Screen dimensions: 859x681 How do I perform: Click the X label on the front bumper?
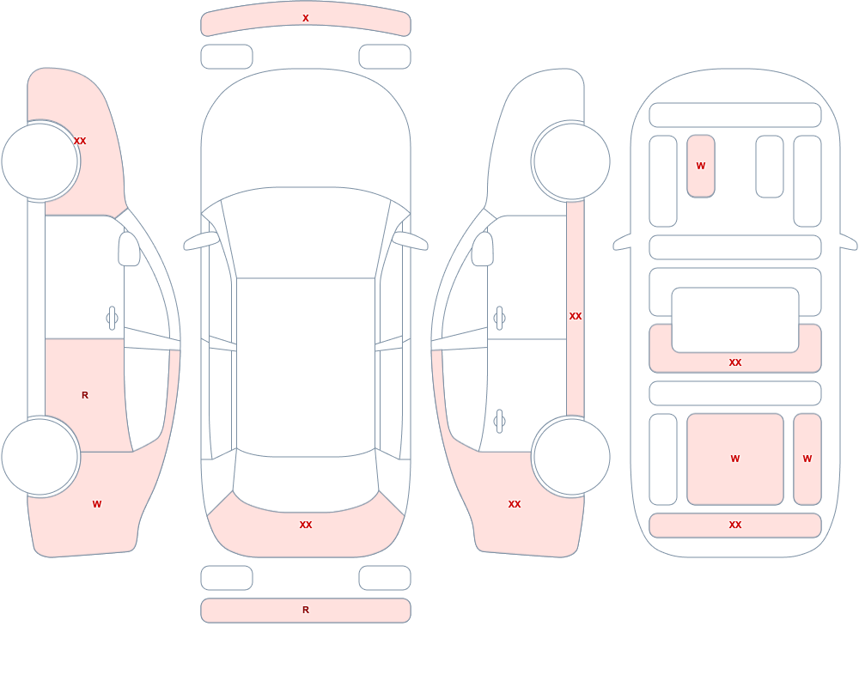coord(306,18)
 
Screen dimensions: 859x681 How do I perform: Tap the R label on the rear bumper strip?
coord(306,610)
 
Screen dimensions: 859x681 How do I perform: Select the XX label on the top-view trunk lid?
coord(306,525)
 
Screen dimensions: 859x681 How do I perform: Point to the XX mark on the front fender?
coord(80,141)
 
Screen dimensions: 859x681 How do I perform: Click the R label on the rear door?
coord(85,395)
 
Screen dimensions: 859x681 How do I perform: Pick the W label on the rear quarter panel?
coord(97,504)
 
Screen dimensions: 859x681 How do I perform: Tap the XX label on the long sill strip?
coord(576,316)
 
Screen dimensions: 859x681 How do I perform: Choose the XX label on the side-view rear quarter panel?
coord(515,504)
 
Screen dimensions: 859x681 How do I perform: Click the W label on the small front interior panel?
coord(701,166)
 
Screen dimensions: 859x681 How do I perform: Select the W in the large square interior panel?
coord(735,459)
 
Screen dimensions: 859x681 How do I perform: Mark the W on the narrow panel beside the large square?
coord(807,459)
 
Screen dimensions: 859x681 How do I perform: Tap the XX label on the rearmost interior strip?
coord(735,525)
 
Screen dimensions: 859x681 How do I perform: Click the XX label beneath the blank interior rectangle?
coord(735,362)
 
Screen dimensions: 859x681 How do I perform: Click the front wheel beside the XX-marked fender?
coord(40,161)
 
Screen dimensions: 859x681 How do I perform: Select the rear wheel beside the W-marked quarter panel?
coord(40,456)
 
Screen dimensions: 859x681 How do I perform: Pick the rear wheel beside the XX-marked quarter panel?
coord(571,456)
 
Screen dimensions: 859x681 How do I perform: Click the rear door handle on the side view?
coord(499,422)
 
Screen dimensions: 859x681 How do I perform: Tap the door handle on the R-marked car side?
coord(112,319)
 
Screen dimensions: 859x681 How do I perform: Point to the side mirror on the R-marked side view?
coord(129,249)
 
